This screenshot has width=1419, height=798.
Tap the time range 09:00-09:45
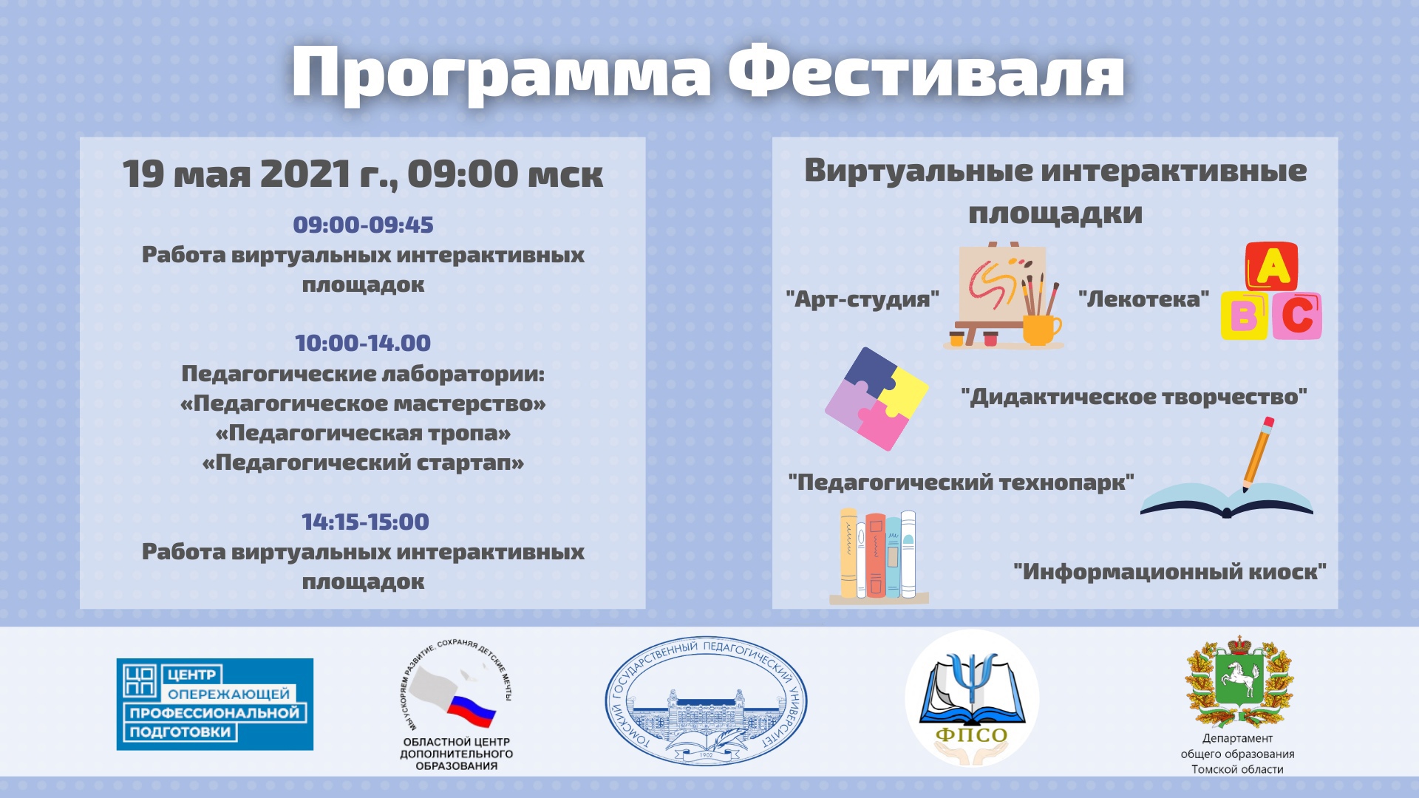363,225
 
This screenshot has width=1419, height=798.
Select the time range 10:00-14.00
363,343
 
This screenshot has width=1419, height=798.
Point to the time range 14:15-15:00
365,522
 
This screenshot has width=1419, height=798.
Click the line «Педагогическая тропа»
363,433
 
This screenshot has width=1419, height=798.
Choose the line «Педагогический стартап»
363,463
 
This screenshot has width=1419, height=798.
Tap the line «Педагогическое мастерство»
363,403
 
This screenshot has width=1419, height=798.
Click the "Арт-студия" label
862,299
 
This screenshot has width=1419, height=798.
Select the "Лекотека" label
1143,299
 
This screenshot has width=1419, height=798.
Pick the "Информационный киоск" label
1170,571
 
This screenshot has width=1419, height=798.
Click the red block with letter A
1271,266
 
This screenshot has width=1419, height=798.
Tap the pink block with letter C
1296,316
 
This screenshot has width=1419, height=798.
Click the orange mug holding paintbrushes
1041,329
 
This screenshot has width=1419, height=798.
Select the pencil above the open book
1256,454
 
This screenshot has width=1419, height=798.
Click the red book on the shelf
876,555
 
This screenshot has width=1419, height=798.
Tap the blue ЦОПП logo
215,704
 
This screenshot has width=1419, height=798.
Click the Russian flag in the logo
471,709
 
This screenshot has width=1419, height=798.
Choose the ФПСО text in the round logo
972,734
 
